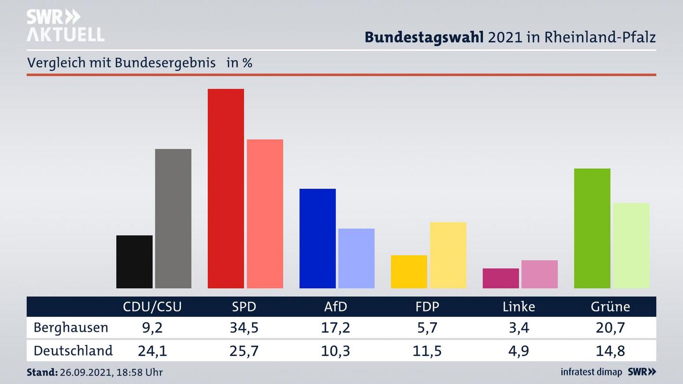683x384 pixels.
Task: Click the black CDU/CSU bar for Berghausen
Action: click(134, 262)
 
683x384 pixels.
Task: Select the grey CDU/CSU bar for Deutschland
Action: click(173, 219)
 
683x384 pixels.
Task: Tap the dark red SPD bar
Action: click(226, 188)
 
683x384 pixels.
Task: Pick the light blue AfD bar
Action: click(356, 258)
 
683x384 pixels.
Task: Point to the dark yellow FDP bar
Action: click(409, 272)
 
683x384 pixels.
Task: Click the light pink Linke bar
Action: click(539, 274)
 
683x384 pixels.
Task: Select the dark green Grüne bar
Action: click(592, 228)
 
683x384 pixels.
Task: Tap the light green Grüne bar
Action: click(631, 246)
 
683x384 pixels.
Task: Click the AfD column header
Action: click(335, 307)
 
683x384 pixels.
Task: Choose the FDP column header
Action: click(427, 307)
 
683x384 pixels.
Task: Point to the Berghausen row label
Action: click(71, 328)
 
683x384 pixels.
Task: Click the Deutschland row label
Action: click(73, 351)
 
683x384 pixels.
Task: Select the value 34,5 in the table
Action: click(244, 328)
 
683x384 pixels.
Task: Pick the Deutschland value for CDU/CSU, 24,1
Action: click(152, 351)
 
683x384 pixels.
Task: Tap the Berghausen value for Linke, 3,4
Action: click(518, 328)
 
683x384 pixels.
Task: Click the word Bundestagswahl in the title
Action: click(424, 37)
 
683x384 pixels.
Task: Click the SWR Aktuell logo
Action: click(65, 26)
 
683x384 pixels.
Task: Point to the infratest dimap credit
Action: click(591, 372)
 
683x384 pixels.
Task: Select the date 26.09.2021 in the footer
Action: click(84, 373)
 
